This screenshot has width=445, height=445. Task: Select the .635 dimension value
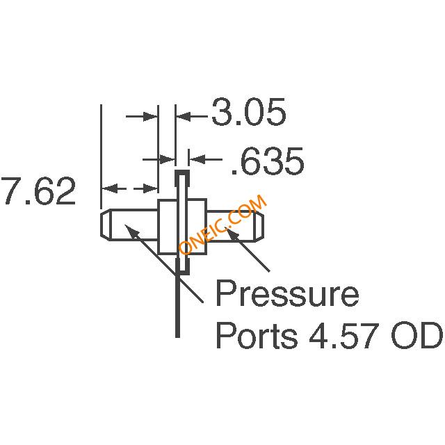(x=267, y=161)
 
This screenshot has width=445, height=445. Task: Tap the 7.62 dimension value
(x=38, y=193)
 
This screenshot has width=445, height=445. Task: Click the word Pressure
(x=286, y=296)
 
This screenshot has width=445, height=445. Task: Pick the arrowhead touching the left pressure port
(x=129, y=230)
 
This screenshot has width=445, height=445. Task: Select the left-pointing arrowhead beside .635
(x=193, y=161)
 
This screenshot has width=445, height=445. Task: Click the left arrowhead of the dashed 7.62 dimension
(x=108, y=188)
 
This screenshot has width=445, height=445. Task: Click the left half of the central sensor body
(x=166, y=227)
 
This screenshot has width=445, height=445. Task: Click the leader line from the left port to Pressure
(x=167, y=267)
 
